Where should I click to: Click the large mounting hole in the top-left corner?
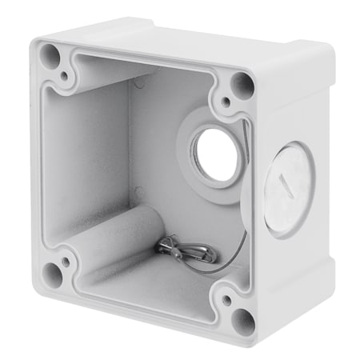click(x=50, y=55)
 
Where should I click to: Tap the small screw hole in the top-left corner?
click(x=64, y=77)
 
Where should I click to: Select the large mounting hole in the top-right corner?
click(x=242, y=83)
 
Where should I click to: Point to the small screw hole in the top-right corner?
click(x=226, y=102)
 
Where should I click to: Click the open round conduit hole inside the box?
click(x=214, y=154)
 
